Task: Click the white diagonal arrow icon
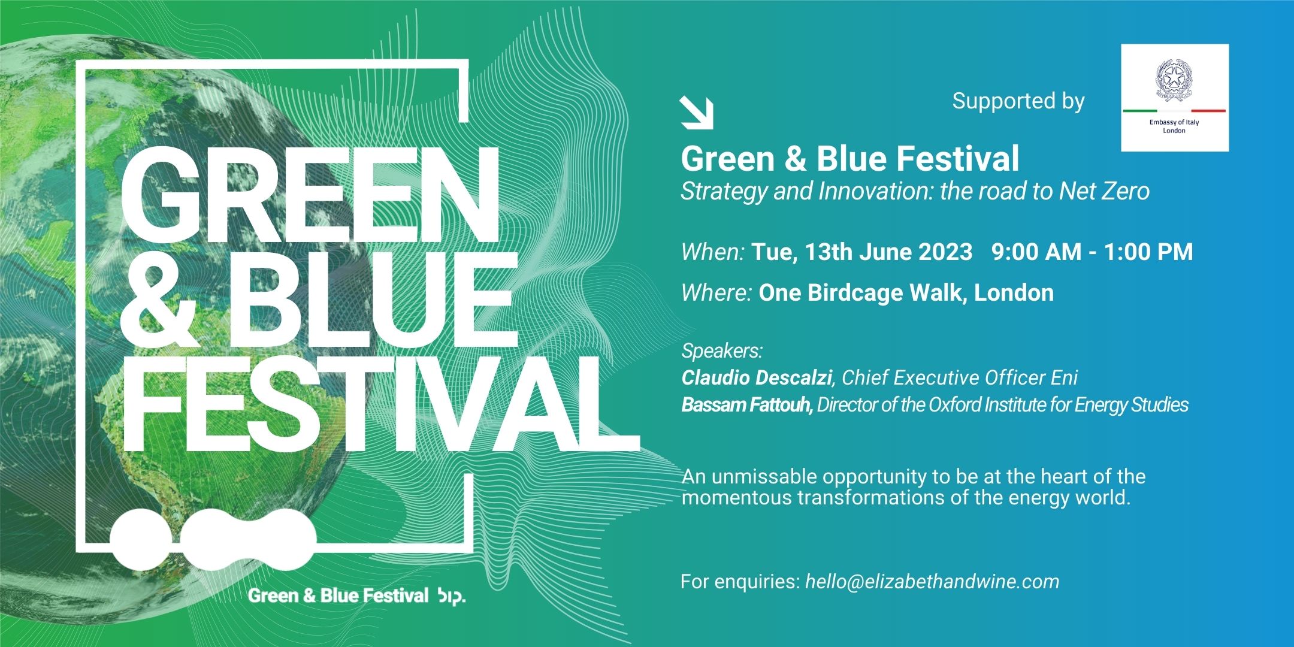tap(697, 113)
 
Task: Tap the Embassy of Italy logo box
tap(1174, 98)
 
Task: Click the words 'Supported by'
tap(1018, 101)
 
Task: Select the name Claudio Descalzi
tap(757, 377)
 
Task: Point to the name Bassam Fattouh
tap(746, 405)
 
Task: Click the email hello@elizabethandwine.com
tap(932, 581)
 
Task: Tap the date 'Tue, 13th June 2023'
tap(861, 252)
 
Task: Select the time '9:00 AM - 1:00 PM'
tap(1092, 252)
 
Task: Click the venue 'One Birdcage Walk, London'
tap(906, 293)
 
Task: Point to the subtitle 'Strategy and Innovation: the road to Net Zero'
tap(915, 192)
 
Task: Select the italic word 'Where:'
tap(716, 293)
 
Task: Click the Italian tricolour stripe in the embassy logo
tap(1174, 111)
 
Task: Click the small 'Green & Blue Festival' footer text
tap(338, 595)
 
